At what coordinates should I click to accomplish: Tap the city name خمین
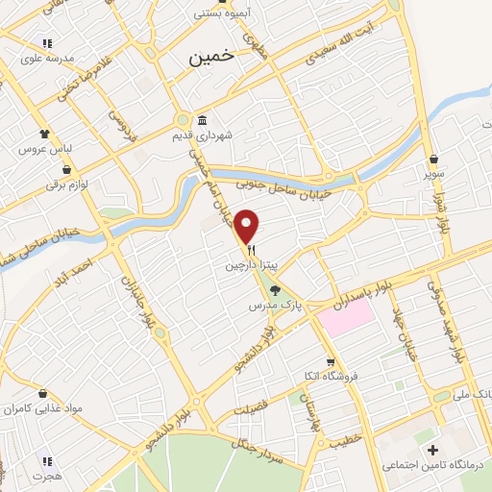206,58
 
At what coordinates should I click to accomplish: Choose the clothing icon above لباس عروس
44,134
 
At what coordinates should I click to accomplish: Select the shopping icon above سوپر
435,160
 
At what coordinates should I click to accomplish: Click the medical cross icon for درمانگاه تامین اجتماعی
432,450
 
